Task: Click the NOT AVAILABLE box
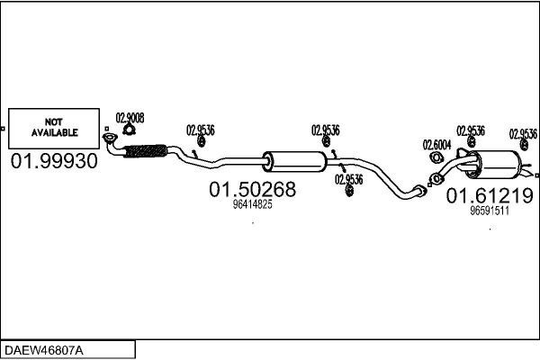(x=54, y=129)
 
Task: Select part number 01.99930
(x=54, y=161)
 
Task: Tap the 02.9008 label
(x=130, y=118)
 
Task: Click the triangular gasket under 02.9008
(x=129, y=130)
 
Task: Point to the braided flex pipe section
(x=145, y=151)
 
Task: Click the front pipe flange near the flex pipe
(x=110, y=138)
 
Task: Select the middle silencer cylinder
(x=294, y=162)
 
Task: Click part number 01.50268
(x=252, y=189)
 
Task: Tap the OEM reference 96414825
(x=252, y=204)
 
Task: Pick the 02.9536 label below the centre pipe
(x=349, y=179)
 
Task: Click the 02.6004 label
(x=436, y=145)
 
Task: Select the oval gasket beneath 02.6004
(x=436, y=157)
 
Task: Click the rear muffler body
(x=493, y=165)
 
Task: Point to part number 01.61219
(x=490, y=195)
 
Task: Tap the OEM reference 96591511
(x=490, y=211)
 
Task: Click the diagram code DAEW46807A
(x=44, y=350)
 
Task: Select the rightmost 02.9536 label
(x=523, y=134)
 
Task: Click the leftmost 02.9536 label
(x=201, y=130)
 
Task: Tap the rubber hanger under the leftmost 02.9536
(x=201, y=141)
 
